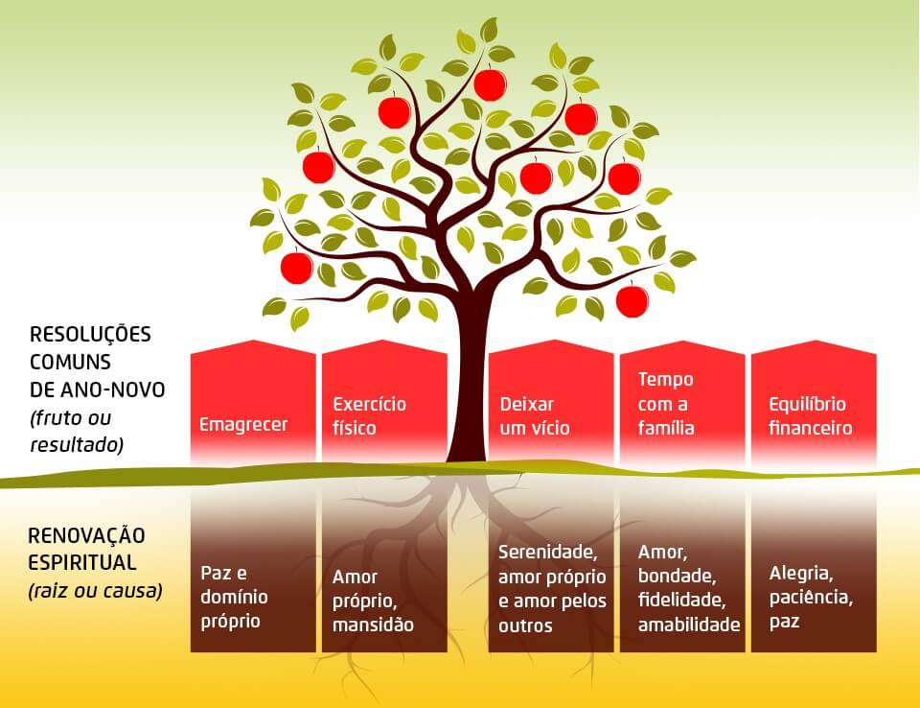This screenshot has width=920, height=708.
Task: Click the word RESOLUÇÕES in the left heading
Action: (91, 336)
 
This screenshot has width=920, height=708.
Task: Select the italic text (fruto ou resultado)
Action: (77, 432)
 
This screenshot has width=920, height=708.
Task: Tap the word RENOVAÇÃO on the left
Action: (87, 535)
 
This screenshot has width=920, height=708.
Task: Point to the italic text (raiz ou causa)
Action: (95, 590)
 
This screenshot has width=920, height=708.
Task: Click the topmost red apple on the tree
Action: (490, 84)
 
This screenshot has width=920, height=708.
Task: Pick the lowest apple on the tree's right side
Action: (632, 301)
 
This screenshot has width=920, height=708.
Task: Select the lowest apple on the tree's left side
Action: (297, 267)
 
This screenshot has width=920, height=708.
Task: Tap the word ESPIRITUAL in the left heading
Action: (82, 562)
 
